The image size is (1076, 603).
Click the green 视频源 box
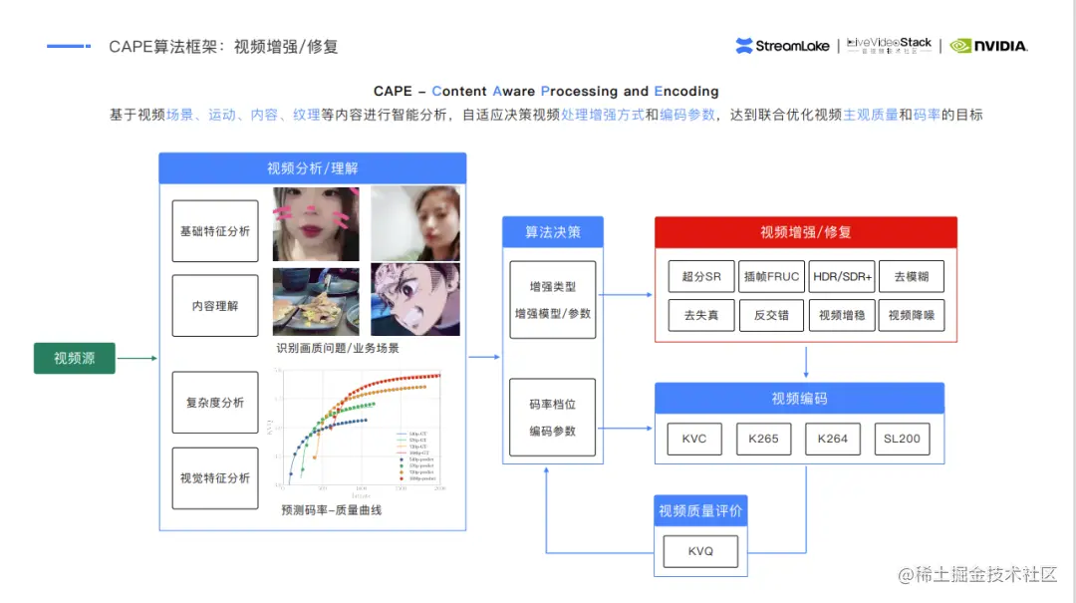(75, 358)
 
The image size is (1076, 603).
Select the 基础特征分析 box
(215, 231)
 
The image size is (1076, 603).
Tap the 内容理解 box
(215, 306)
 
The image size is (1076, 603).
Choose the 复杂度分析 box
(215, 403)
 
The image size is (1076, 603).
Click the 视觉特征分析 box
(215, 478)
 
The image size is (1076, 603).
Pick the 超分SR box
(701, 276)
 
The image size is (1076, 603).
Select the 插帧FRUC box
(771, 276)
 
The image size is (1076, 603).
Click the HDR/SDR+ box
(841, 276)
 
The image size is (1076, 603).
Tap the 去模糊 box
(912, 276)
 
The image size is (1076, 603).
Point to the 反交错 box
(771, 315)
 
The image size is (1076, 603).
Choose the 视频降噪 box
(912, 315)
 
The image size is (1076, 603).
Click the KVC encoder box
(694, 439)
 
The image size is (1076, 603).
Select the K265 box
(763, 439)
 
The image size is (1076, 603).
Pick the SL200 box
(902, 439)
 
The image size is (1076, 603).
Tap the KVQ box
(700, 551)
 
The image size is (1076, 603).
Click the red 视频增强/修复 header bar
(805, 232)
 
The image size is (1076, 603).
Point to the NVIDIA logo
(988, 46)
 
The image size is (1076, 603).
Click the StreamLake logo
(782, 46)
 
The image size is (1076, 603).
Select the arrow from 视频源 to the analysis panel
(137, 358)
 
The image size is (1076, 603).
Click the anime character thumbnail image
(415, 299)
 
